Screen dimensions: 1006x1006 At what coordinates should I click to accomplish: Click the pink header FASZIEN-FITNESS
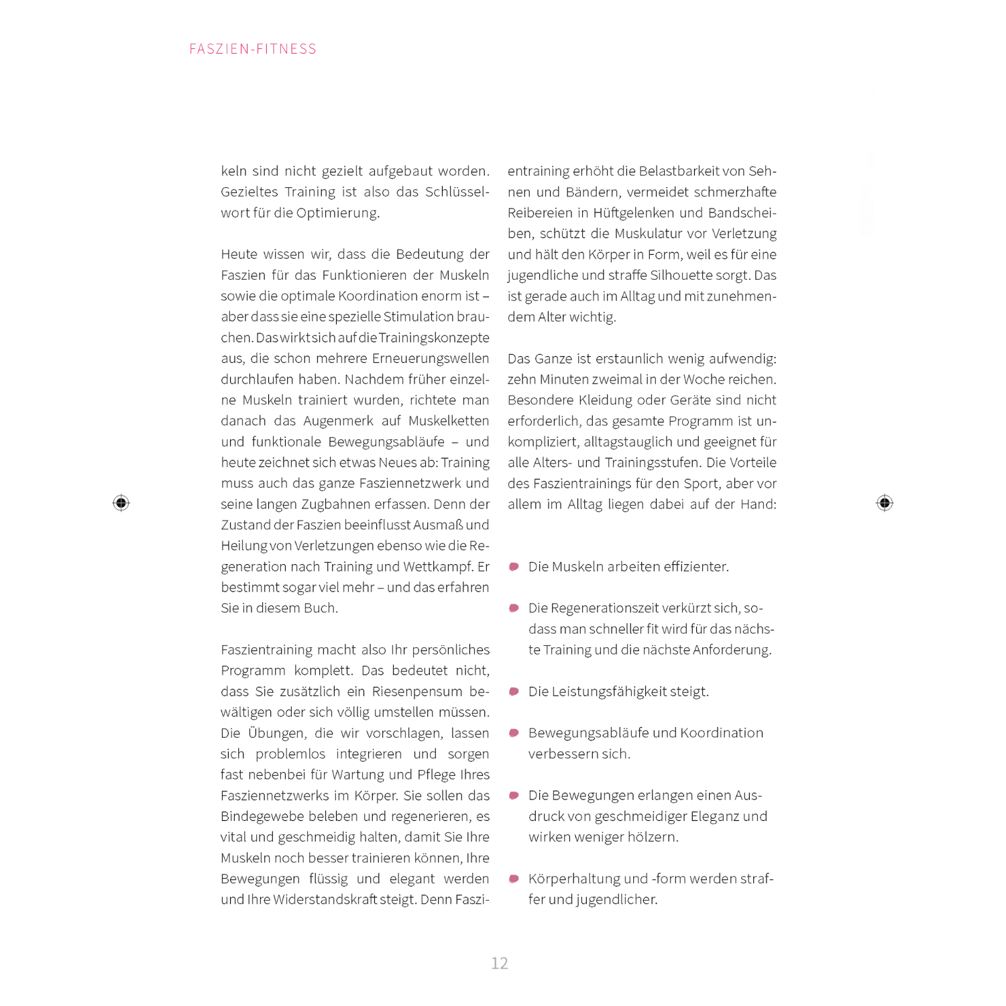[x=253, y=49]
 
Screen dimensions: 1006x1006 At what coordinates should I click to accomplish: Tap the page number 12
[x=500, y=963]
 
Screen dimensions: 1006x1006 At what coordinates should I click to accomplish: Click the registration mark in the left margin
[x=121, y=503]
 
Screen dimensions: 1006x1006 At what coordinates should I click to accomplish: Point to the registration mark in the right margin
[x=885, y=503]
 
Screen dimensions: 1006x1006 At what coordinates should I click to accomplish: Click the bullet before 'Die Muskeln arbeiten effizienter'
[x=514, y=567]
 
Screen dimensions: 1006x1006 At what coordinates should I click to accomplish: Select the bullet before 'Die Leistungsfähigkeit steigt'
[x=514, y=691]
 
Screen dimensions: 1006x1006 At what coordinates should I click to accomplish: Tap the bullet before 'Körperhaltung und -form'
[x=514, y=879]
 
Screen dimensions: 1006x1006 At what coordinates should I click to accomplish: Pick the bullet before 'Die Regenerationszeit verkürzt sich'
[x=514, y=608]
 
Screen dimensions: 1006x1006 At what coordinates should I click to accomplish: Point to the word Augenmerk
[x=338, y=421]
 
